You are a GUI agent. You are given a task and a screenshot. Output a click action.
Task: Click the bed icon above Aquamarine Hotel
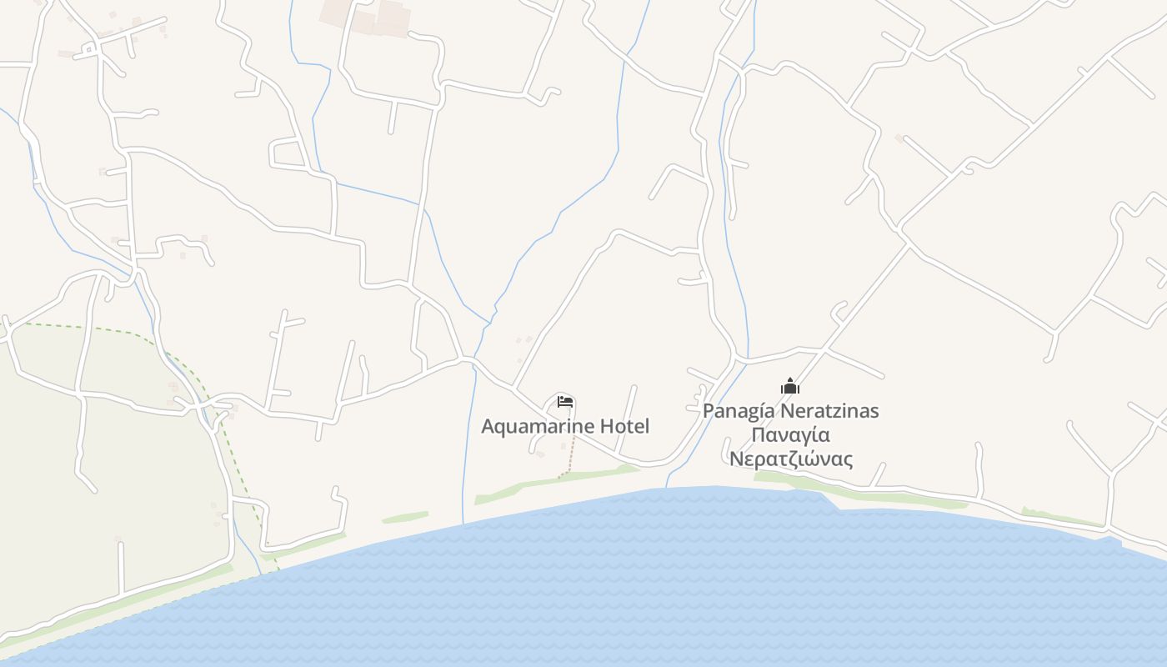565,402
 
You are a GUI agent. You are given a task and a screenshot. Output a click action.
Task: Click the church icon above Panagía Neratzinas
790,386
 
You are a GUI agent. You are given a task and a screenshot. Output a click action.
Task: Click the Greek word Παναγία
790,435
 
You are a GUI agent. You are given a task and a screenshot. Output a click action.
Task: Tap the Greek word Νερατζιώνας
790,459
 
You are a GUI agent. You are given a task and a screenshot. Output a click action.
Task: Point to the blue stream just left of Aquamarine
468,434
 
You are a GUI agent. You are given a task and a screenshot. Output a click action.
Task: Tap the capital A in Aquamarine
488,427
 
